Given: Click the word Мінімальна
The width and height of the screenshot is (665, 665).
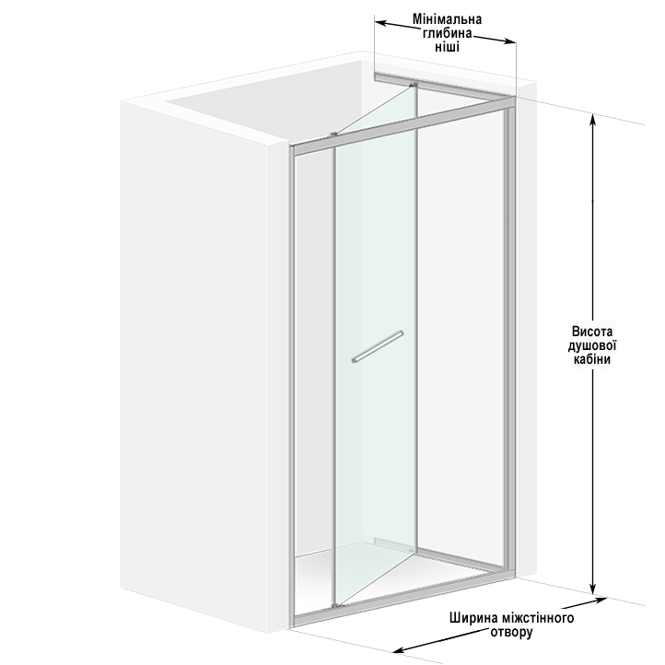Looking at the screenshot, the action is pos(447,19).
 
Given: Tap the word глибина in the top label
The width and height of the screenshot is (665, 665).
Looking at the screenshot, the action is pos(447,33).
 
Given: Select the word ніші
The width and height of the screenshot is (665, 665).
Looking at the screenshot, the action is pos(447,47).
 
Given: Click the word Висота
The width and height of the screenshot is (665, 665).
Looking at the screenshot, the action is pos(592,332).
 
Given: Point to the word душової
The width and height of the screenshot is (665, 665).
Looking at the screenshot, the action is pos(592,345).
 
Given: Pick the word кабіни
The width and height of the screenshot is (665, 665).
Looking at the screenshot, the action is pos(592,359).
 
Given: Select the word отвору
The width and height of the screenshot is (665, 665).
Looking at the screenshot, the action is pos(511,633).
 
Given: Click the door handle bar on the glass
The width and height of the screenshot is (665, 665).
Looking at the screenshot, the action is pos(378,347).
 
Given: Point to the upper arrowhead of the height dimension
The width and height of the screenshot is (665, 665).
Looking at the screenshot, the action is pos(593,120).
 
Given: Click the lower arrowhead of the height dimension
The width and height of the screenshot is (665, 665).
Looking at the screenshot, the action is pos(593,589).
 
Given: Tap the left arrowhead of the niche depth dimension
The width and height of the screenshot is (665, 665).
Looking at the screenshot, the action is pos(380,23).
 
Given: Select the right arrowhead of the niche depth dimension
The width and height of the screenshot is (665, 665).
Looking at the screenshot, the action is pos(509,41).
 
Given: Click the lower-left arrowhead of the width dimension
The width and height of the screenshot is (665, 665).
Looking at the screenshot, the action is pos(399,649).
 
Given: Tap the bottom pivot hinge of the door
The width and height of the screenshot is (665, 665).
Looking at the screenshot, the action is pos(335,606).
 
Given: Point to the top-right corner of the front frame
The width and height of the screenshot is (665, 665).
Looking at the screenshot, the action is pos(515,99).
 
